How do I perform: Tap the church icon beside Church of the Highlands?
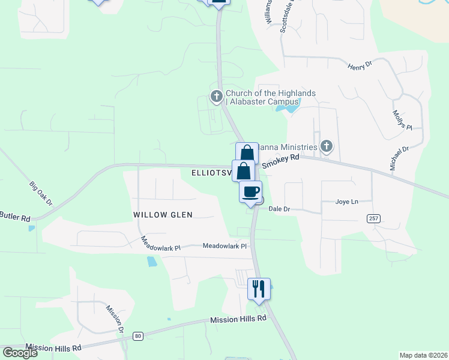(x=217, y=96)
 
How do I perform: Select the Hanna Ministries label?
(x=288, y=148)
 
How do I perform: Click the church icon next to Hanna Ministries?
(x=326, y=146)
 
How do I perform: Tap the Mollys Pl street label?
(x=402, y=120)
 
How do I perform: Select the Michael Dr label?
(x=399, y=157)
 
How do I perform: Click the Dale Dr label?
(x=279, y=209)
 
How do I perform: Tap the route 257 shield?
(x=374, y=219)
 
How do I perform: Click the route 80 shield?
(x=138, y=336)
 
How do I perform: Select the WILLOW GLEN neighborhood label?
(x=163, y=215)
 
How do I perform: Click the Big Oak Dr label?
(x=41, y=194)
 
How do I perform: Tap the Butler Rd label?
(x=15, y=216)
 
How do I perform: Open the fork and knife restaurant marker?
(x=259, y=289)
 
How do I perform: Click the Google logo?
(x=20, y=353)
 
